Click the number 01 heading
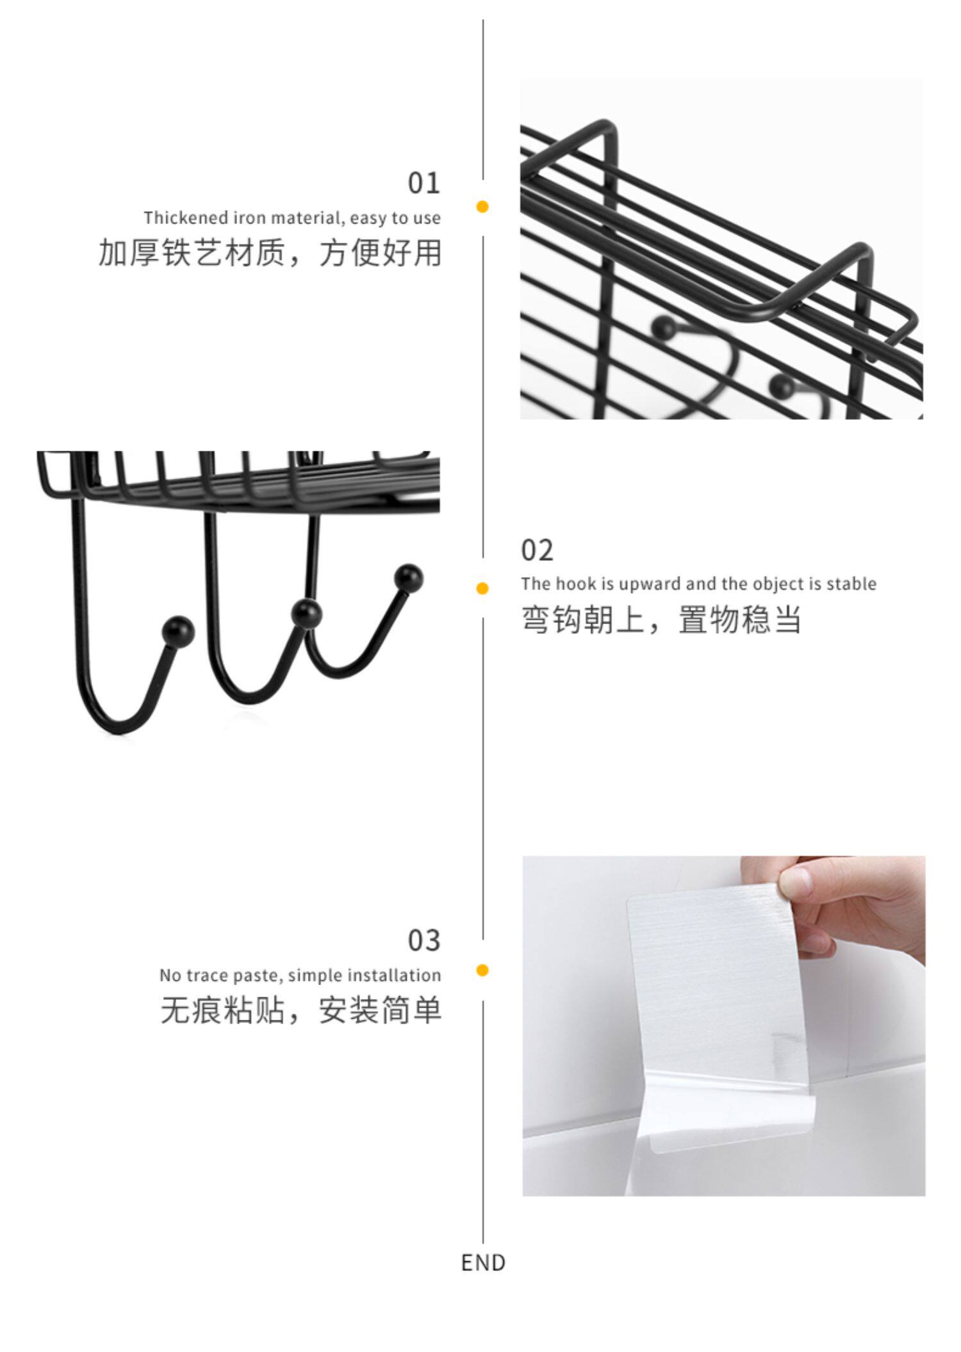tap(424, 183)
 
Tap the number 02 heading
tap(537, 550)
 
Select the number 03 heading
tap(424, 940)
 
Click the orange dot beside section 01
tap(482, 206)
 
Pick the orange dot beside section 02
tap(482, 588)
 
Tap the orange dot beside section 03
tap(482, 970)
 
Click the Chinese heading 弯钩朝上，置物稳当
tap(661, 620)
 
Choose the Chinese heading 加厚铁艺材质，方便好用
tap(270, 252)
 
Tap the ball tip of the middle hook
tap(306, 612)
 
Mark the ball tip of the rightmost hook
tap(409, 577)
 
